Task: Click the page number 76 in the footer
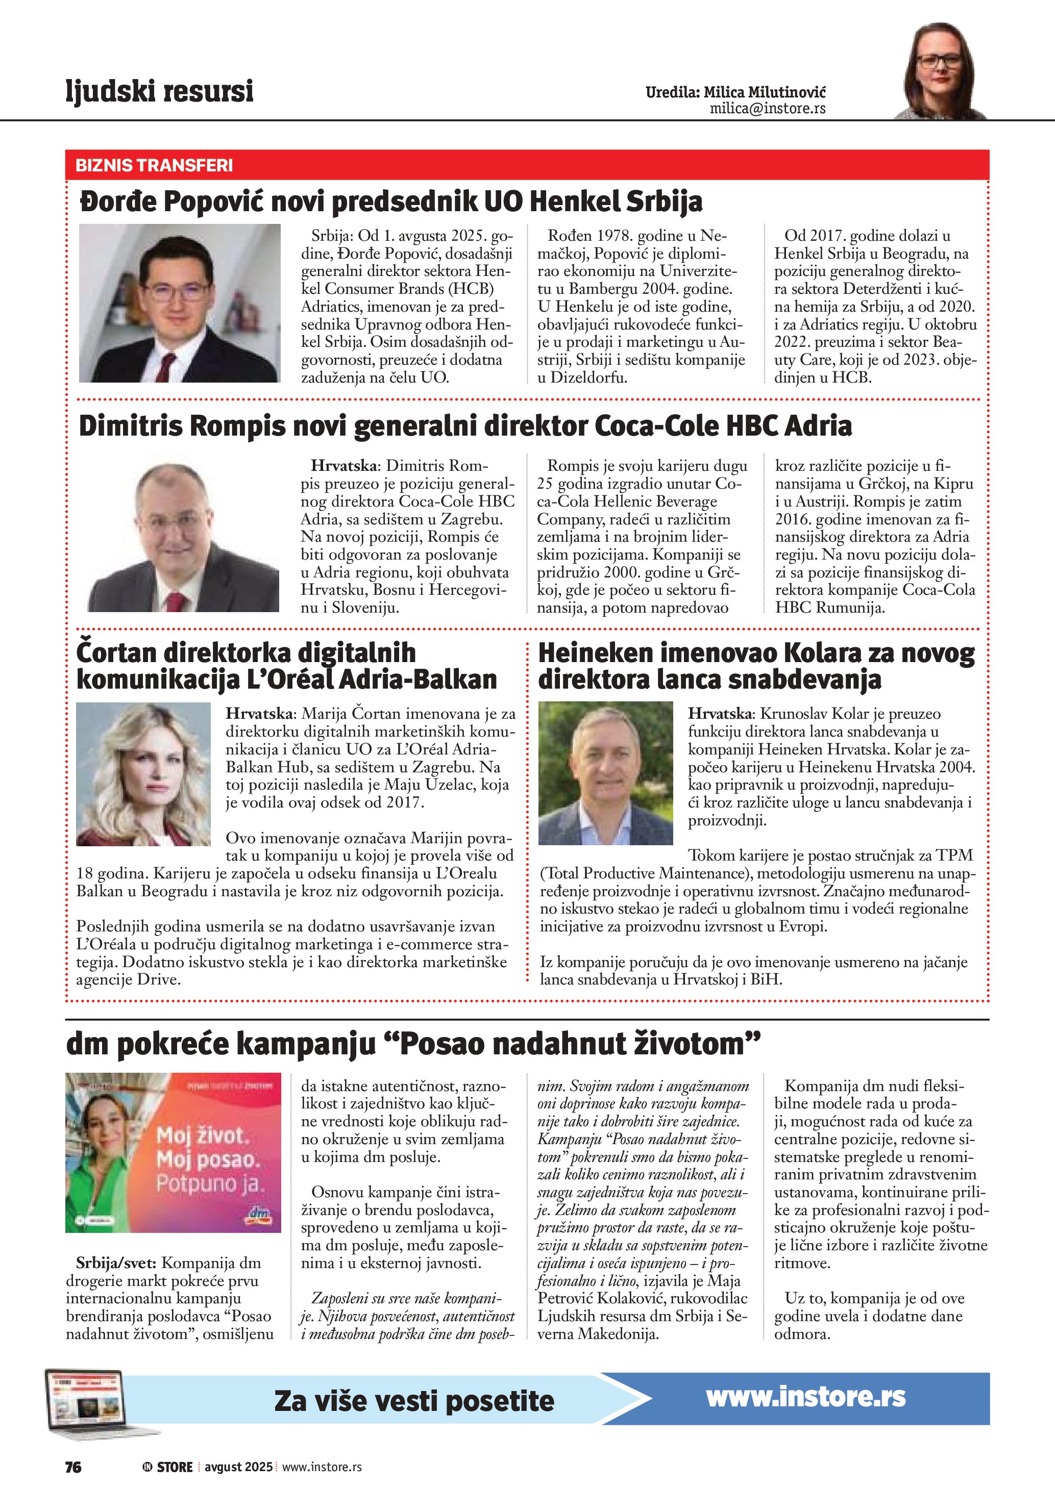73,1467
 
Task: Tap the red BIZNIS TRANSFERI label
154,165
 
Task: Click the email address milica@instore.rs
767,109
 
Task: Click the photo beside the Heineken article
605,773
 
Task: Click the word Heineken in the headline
600,652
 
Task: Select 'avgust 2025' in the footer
238,1467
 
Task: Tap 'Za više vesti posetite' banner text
414,1401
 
